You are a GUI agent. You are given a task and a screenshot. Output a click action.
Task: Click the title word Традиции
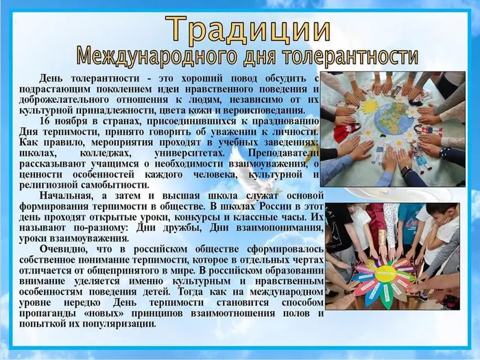pos(249,29)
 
